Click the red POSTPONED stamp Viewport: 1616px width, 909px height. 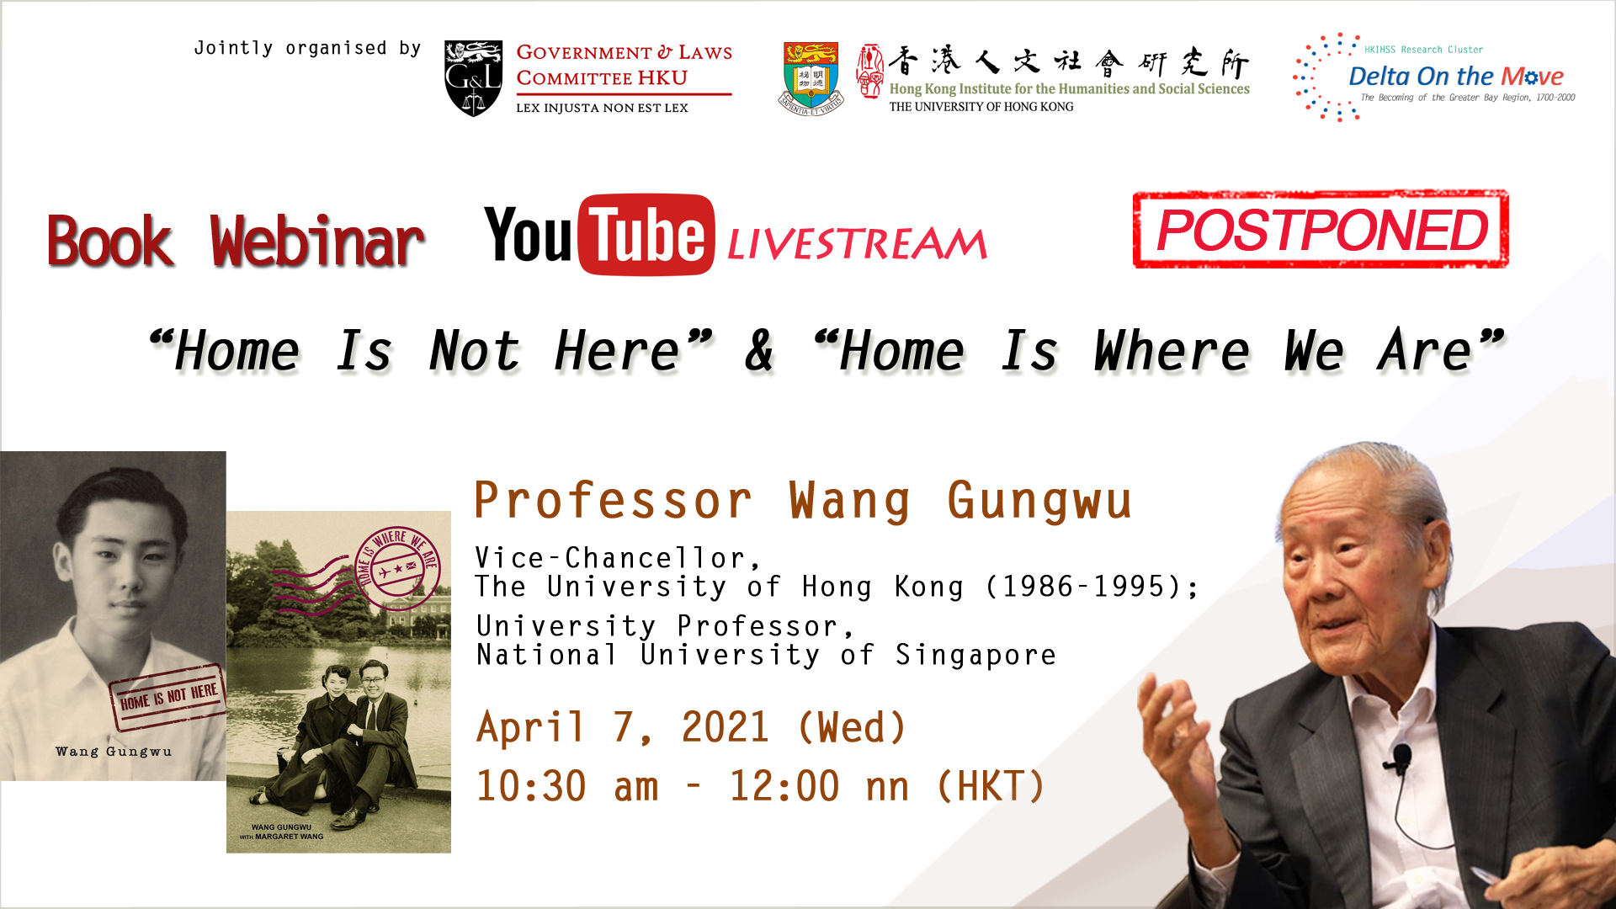[1321, 229]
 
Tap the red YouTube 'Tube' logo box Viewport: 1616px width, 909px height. [646, 235]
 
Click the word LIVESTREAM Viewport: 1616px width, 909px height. [857, 244]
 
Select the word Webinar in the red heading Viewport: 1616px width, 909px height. [317, 242]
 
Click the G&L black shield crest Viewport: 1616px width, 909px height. [473, 77]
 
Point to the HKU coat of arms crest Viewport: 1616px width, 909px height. [811, 77]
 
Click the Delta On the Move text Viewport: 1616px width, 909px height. [1456, 77]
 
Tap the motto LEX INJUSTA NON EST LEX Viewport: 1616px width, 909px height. [602, 108]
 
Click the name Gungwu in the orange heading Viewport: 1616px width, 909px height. [1039, 501]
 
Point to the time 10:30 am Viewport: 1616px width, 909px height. [567, 786]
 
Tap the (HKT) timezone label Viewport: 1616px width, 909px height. [991, 786]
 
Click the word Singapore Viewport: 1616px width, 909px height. [975, 655]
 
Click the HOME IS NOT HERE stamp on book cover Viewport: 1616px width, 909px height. [168, 696]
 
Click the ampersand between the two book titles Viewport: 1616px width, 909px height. [759, 350]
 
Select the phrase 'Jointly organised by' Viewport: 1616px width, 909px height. [307, 49]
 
